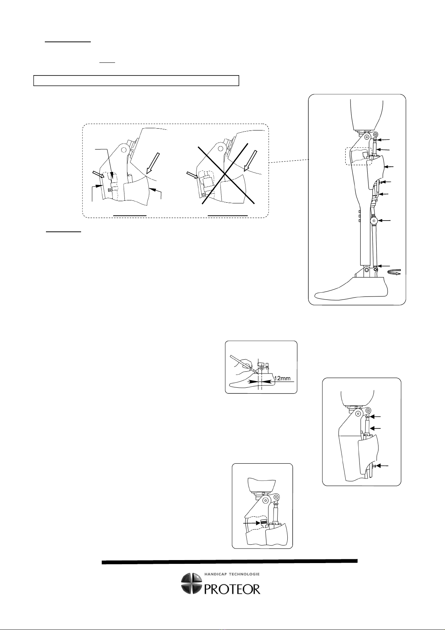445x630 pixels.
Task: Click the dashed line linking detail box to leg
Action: (x=289, y=161)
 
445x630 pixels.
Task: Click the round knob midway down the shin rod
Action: (x=374, y=221)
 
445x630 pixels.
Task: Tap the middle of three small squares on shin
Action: (x=359, y=216)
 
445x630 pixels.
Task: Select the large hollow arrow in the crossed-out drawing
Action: (x=250, y=161)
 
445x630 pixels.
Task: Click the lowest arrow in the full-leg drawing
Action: (x=384, y=266)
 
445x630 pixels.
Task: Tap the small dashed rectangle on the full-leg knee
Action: (x=359, y=156)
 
